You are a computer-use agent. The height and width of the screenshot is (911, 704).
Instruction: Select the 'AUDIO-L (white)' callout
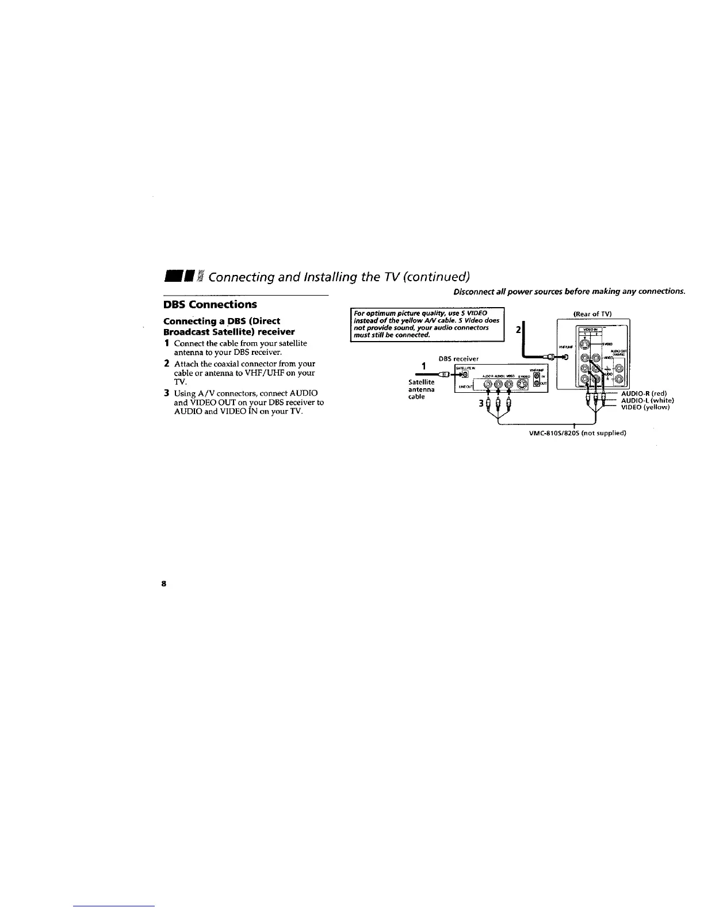pyautogui.click(x=647, y=400)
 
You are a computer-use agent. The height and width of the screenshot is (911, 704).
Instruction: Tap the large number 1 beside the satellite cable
pyautogui.click(x=423, y=366)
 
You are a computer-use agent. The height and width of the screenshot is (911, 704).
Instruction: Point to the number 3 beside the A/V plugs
pyautogui.click(x=480, y=403)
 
